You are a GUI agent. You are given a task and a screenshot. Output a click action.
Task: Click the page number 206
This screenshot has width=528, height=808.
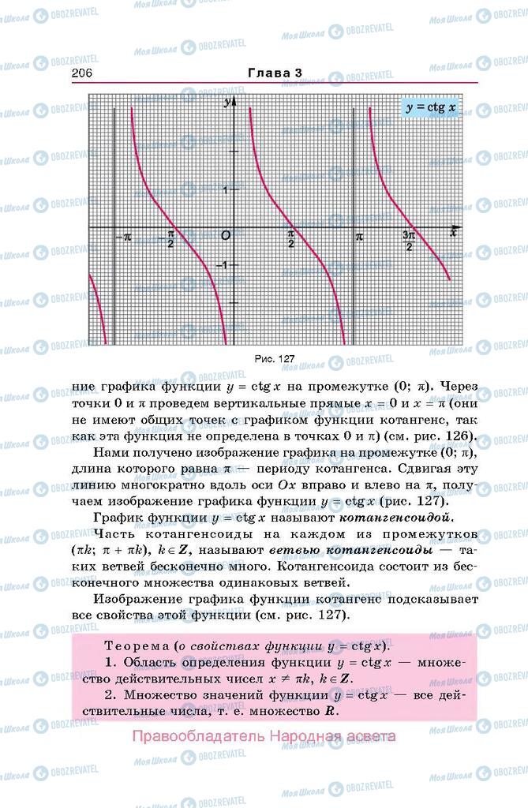pyautogui.click(x=83, y=73)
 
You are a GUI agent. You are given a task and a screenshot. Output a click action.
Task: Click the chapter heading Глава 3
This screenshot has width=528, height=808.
pyautogui.click(x=275, y=73)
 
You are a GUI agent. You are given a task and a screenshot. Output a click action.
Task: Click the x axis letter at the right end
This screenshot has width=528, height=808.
pyautogui.click(x=454, y=230)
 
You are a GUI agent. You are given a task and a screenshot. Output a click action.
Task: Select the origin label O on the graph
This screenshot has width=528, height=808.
pyautogui.click(x=226, y=236)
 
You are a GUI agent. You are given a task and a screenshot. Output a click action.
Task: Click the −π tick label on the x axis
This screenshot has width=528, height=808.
pyautogui.click(x=122, y=237)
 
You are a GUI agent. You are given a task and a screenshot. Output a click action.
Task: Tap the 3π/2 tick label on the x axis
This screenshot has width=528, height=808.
pyautogui.click(x=409, y=240)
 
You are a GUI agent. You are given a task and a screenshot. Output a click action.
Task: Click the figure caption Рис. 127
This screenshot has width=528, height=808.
pyautogui.click(x=274, y=358)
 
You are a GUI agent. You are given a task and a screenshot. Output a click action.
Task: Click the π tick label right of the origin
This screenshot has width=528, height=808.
pyautogui.click(x=360, y=236)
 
